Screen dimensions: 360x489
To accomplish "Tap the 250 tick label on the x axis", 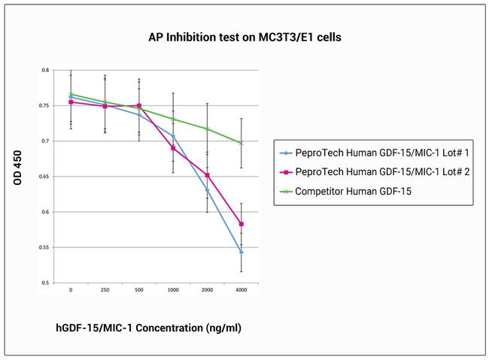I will point(105,290).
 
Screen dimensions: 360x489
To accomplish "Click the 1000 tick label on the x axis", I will point(173,290).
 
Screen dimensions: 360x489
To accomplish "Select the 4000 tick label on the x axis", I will point(241,290).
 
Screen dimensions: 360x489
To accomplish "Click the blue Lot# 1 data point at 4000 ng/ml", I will point(241,252).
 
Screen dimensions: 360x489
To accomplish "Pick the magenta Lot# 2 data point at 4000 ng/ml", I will point(241,224).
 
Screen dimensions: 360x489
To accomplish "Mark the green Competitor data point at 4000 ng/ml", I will point(241,143).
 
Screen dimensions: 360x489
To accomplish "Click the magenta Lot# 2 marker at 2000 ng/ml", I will point(208,175).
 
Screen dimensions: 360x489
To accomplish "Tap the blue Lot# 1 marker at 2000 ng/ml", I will point(208,190).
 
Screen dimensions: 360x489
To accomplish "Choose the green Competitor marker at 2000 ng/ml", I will point(208,129).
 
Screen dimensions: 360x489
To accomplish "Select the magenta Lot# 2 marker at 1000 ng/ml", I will point(173,148).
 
